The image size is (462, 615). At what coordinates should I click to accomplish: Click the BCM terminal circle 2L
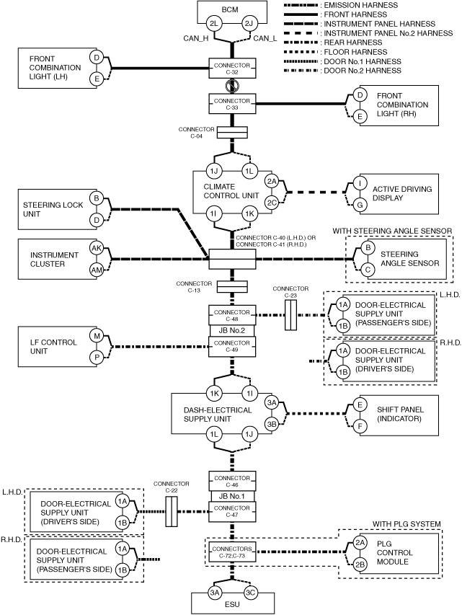point(214,24)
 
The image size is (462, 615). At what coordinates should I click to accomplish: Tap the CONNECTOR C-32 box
point(232,68)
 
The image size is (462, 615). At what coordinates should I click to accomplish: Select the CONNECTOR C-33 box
point(232,104)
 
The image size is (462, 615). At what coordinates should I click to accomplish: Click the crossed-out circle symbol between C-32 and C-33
point(232,86)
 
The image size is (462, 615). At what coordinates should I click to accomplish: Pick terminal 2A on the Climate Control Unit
point(272,181)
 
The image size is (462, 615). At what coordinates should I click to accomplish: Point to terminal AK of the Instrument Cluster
point(97,248)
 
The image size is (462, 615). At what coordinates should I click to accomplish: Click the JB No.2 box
point(232,330)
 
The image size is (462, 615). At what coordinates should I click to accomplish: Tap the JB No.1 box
point(232,496)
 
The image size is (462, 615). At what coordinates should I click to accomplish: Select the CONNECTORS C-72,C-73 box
point(232,552)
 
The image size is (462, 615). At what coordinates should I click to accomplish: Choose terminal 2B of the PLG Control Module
point(360,565)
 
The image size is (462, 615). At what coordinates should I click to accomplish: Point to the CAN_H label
point(196,38)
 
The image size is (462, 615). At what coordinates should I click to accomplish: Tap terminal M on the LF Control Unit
point(97,336)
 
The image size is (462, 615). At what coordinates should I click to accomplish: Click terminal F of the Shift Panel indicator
point(360,426)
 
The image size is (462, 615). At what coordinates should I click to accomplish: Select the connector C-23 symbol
point(290,315)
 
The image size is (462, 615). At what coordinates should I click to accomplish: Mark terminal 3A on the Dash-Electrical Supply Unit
point(272,403)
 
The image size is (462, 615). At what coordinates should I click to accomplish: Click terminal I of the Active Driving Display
point(360,183)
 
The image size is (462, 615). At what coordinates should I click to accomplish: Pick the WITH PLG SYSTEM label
point(407,524)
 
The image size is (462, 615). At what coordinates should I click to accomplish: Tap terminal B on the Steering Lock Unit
point(97,198)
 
